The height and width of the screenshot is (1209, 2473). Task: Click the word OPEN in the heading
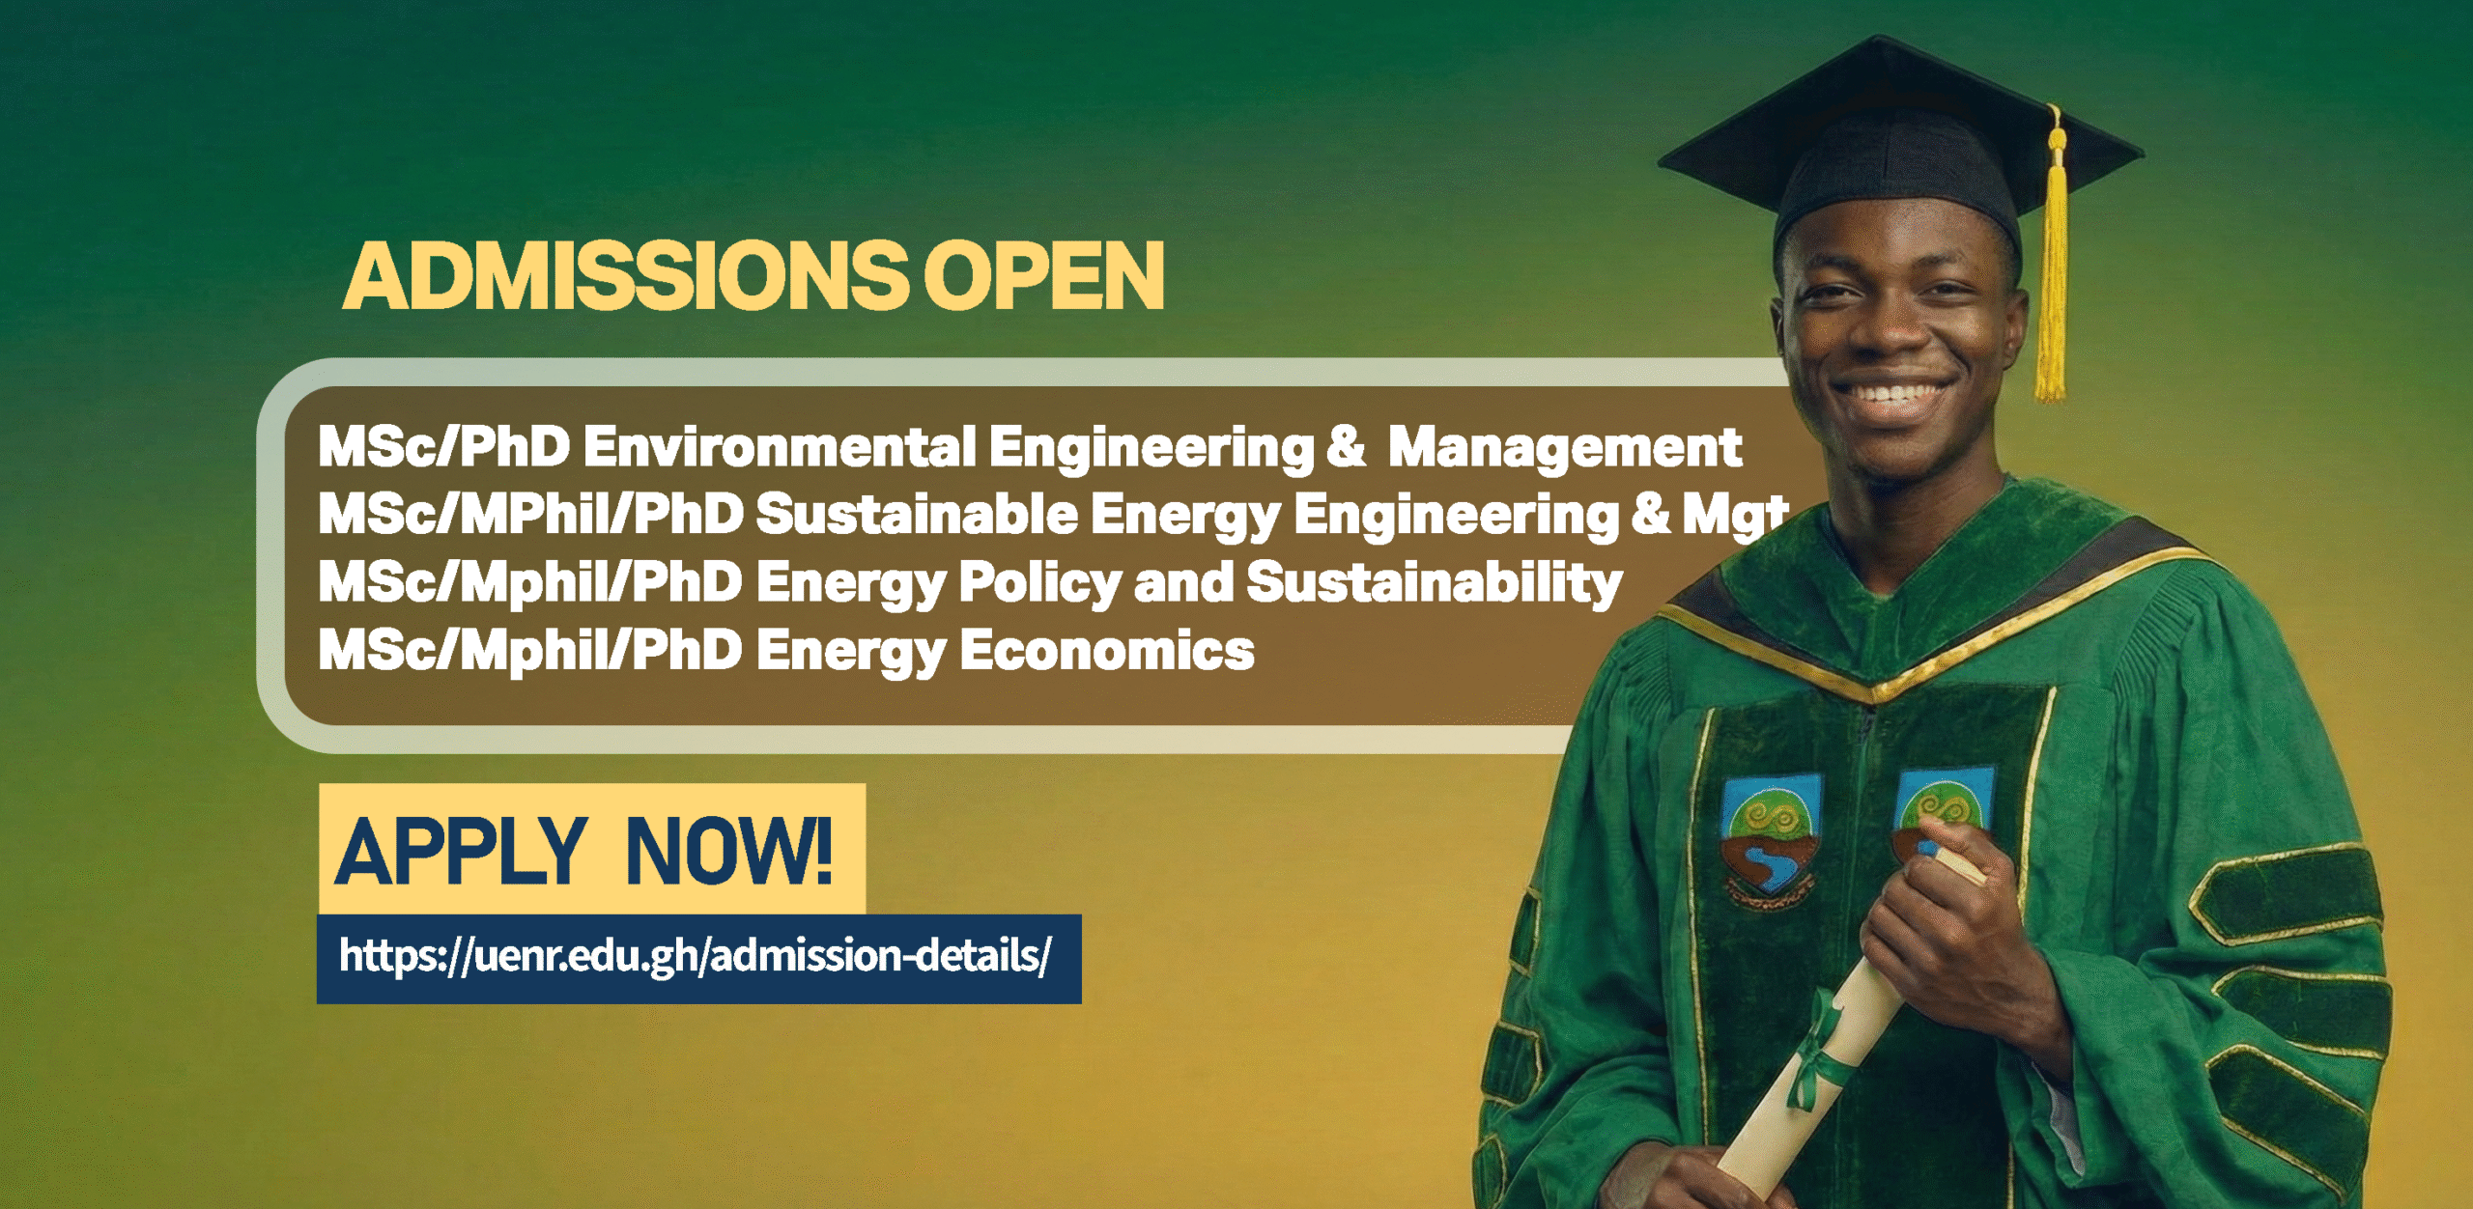click(1044, 276)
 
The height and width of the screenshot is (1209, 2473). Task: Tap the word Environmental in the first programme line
click(780, 447)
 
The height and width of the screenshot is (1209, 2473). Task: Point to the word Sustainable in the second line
click(917, 514)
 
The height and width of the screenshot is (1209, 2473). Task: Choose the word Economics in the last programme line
click(1107, 649)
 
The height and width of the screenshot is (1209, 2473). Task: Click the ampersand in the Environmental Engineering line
click(1346, 447)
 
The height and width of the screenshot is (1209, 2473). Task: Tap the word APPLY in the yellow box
click(461, 851)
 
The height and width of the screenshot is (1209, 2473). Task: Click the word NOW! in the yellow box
click(729, 851)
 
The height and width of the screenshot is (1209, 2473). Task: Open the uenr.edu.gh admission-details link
click(695, 956)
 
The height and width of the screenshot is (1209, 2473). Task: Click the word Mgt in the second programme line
click(1735, 516)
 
